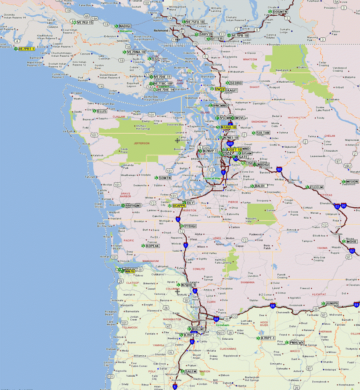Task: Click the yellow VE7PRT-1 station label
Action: point(27,49)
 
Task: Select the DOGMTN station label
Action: point(280,12)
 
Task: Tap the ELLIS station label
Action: point(102,111)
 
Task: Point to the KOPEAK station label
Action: point(153,246)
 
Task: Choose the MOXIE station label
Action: point(352,241)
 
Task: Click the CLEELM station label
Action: point(317,187)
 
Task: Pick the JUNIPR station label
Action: point(332,304)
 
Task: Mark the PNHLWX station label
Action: point(297,342)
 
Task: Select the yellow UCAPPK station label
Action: point(179,206)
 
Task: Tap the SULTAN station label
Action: point(263,133)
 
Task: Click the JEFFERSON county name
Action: point(141,143)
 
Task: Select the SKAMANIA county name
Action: point(247,282)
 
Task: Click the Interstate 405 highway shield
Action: point(230,144)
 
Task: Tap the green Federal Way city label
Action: point(212,178)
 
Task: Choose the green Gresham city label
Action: point(222,325)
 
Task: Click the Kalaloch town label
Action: point(98,155)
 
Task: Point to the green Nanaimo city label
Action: point(125,31)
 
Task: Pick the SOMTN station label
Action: point(165,178)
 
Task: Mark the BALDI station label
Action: point(260,186)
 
